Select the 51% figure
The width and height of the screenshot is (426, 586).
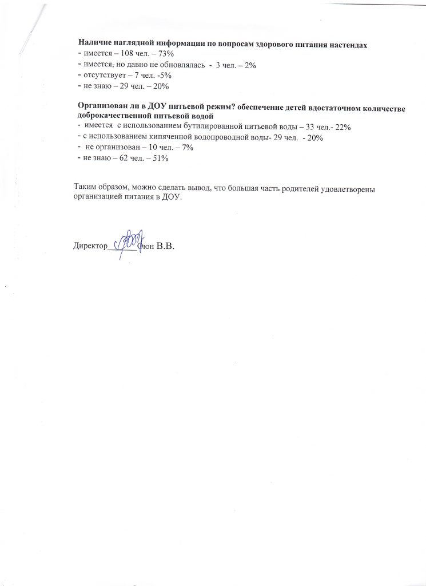click(x=160, y=159)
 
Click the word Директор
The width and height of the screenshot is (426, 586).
click(x=90, y=246)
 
